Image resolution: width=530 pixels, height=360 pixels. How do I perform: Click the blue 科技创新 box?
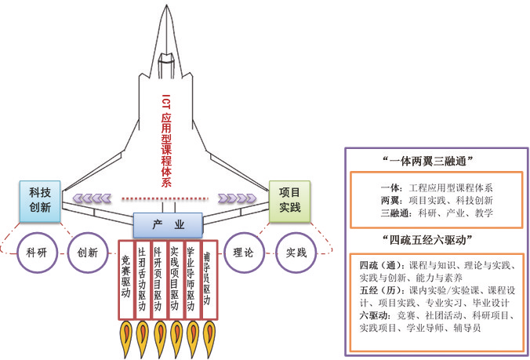click(x=40, y=200)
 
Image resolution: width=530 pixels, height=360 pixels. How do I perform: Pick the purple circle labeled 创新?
click(x=88, y=253)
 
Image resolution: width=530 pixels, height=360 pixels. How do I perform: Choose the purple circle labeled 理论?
click(x=243, y=253)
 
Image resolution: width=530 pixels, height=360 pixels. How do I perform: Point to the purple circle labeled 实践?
click(x=296, y=253)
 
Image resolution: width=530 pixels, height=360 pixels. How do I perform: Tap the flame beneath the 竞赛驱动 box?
click(x=126, y=337)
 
